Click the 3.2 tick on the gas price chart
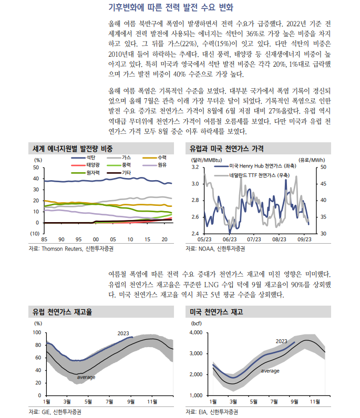(x=194, y=167)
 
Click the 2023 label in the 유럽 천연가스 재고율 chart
(x=124, y=333)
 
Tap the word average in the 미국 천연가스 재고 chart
(x=270, y=371)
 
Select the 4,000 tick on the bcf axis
(x=195, y=333)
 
